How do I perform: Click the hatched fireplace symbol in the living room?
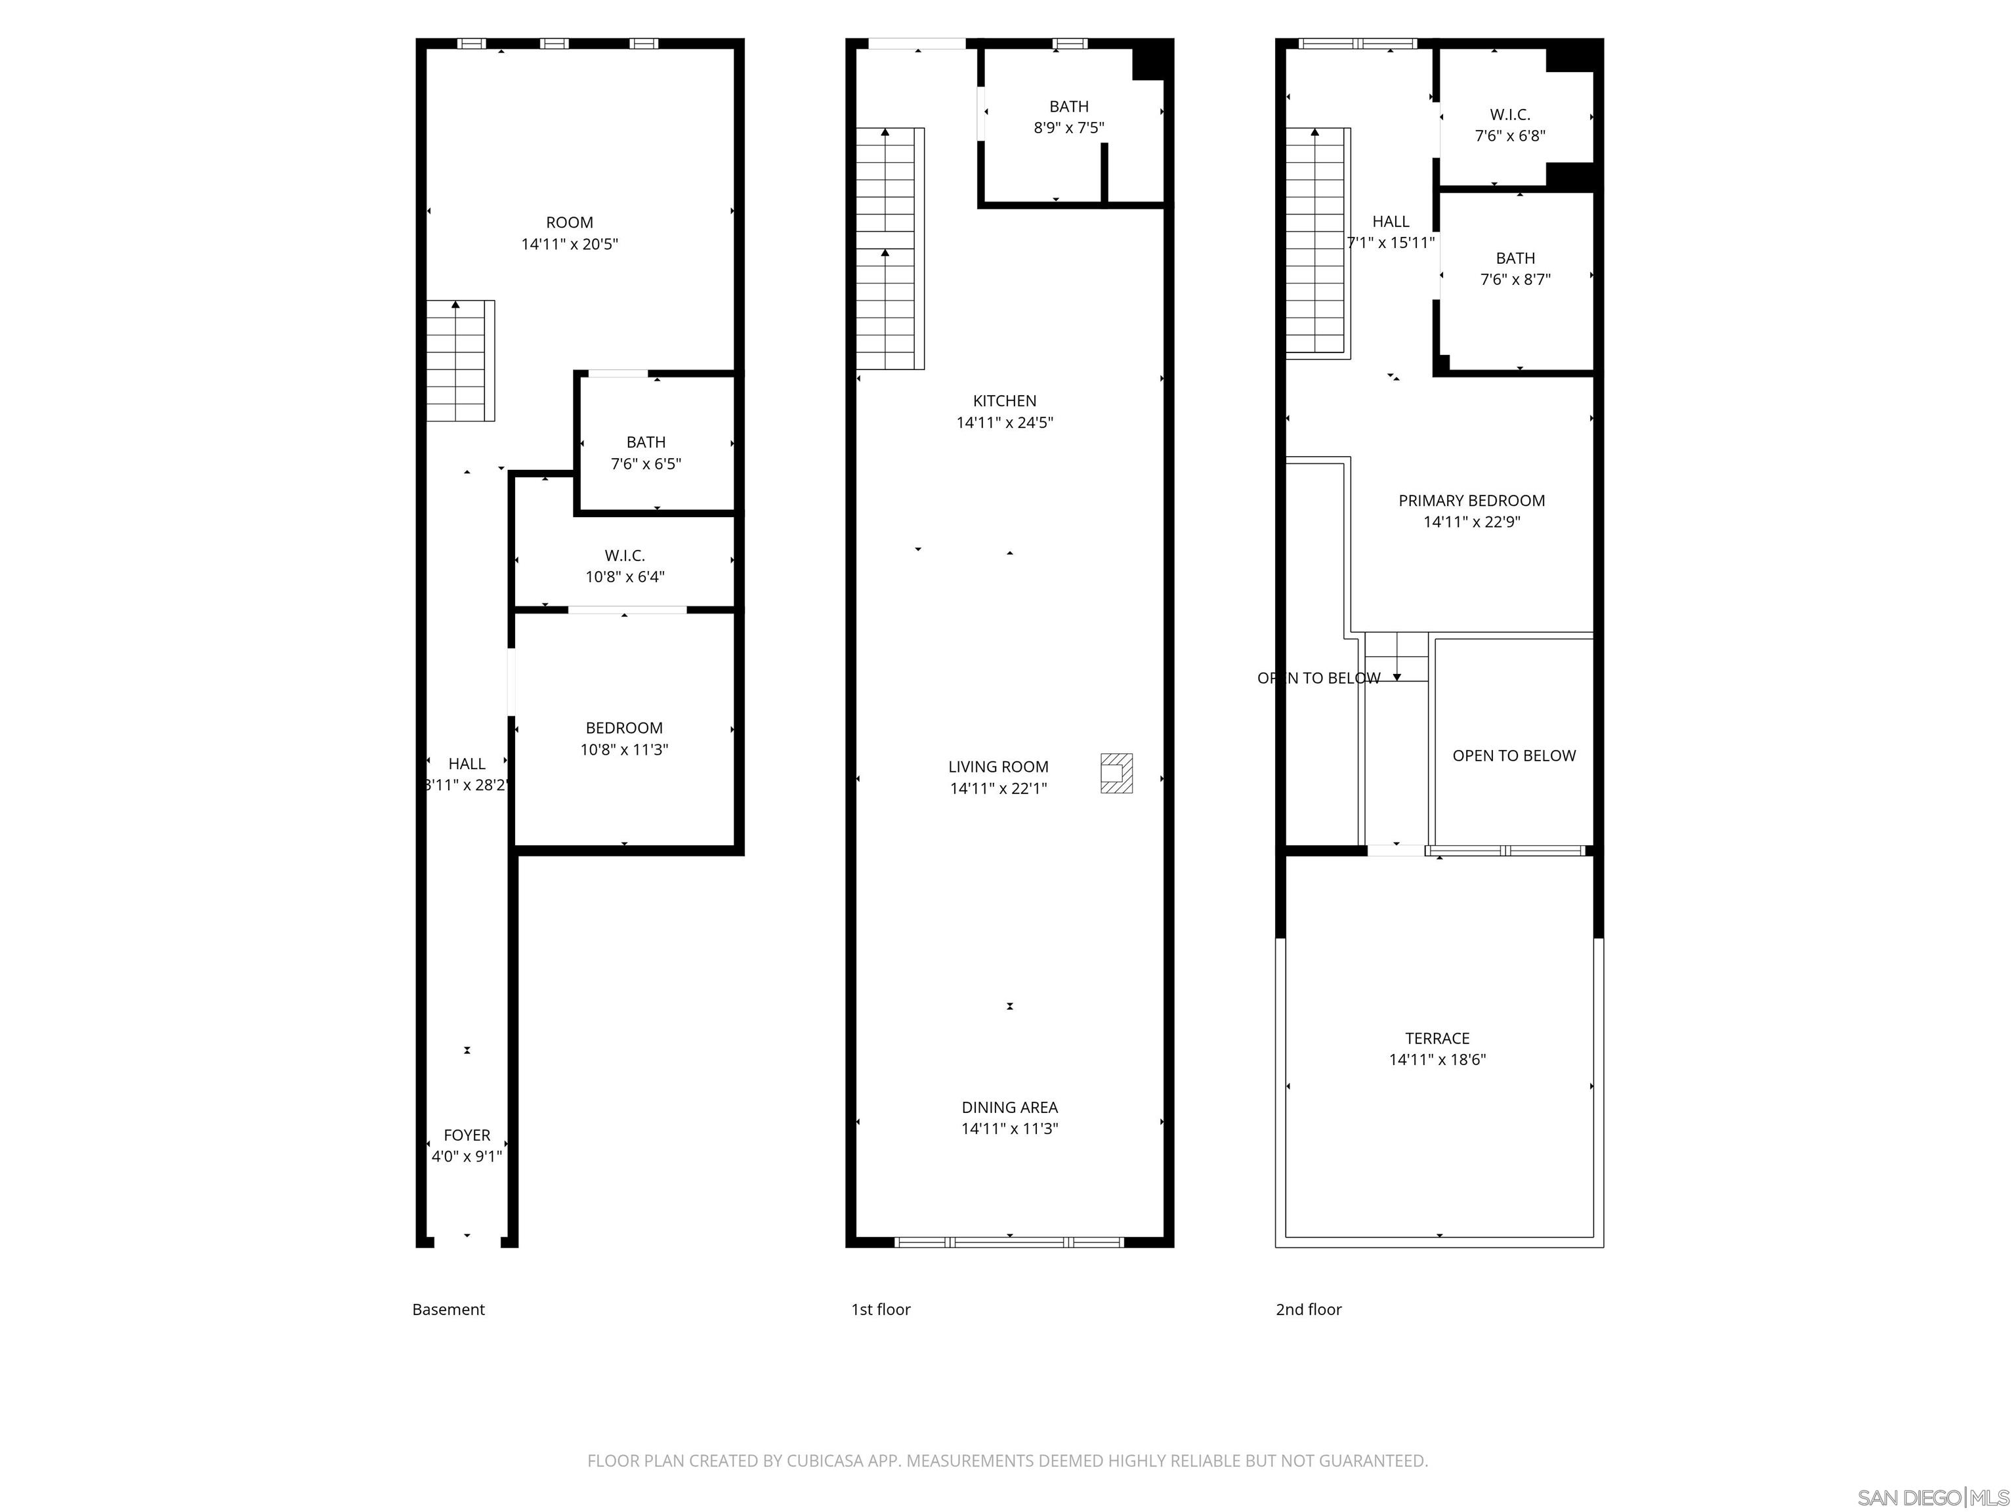point(1116,773)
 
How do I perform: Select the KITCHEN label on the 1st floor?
point(1004,401)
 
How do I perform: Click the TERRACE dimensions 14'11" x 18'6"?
point(1437,1059)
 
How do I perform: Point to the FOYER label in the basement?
point(467,1135)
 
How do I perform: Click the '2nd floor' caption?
point(1308,1310)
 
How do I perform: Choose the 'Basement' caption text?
point(448,1310)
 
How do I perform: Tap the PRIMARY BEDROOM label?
point(1471,500)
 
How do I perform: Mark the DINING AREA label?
point(1009,1107)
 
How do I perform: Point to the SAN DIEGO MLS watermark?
point(1932,1498)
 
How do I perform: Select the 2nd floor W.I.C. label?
point(1509,115)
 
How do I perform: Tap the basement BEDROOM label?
point(623,728)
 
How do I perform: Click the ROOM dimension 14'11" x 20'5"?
point(570,244)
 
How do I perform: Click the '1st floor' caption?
point(881,1310)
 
